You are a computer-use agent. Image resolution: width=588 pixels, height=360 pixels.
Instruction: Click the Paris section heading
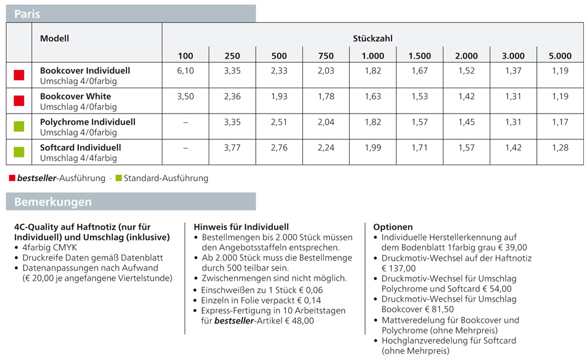pos(27,14)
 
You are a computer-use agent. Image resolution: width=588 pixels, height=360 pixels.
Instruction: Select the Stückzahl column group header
pos(372,39)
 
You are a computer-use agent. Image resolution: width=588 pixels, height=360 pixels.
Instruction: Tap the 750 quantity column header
pos(326,56)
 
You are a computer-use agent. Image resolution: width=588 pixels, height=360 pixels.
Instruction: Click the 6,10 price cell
pos(185,71)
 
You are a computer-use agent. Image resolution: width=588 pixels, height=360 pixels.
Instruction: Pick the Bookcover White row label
pos(75,96)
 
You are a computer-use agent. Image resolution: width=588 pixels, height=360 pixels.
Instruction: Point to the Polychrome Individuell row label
pos(88,122)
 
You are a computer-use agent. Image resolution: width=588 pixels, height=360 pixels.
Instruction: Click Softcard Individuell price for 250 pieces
pos(232,148)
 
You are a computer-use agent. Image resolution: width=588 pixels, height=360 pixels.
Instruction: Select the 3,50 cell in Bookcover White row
pos(185,96)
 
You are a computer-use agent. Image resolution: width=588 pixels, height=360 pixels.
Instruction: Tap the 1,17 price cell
pos(560,122)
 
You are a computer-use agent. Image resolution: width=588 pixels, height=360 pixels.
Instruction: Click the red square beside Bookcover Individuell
pos(19,75)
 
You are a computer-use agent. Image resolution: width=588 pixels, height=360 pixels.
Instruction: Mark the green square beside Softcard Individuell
pos(19,152)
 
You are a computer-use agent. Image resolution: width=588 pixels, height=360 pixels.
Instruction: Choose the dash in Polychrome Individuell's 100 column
pos(185,122)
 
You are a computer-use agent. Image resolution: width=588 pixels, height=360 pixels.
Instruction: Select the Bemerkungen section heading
pos(53,202)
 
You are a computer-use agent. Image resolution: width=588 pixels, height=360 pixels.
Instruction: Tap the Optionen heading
pos(393,227)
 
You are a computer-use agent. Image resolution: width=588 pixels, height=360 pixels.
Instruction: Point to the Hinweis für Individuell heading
pos(241,227)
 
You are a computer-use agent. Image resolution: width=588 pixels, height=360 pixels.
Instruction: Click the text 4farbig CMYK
pos(50,248)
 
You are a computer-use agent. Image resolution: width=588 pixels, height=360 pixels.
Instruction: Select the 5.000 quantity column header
pos(560,56)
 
